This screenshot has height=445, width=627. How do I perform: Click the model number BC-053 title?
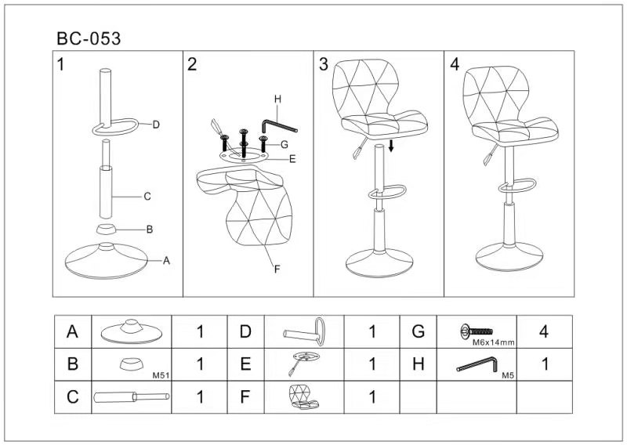[89, 39]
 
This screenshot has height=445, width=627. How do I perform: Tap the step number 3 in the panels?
[323, 64]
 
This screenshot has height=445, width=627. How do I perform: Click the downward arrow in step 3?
[391, 146]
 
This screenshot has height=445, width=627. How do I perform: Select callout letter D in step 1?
[156, 125]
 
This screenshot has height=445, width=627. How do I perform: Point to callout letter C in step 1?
[147, 197]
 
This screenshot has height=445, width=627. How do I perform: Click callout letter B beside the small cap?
[150, 230]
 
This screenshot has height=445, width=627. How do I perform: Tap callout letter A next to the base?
[166, 261]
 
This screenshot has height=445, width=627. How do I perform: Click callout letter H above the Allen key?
[277, 99]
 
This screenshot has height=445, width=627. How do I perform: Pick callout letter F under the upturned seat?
[277, 270]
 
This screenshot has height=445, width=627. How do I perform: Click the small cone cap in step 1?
[106, 230]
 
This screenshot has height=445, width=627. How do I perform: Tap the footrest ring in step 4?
[517, 185]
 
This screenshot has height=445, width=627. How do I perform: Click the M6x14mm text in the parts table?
[494, 342]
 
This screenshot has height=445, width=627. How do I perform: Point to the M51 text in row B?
[161, 375]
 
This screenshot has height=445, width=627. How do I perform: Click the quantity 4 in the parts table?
[544, 331]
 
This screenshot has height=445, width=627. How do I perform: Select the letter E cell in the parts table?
[245, 364]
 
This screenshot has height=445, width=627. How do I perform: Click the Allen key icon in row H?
[477, 364]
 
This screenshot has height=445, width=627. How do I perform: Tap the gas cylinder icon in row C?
[132, 397]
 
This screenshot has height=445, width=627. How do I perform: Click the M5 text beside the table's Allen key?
[508, 375]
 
